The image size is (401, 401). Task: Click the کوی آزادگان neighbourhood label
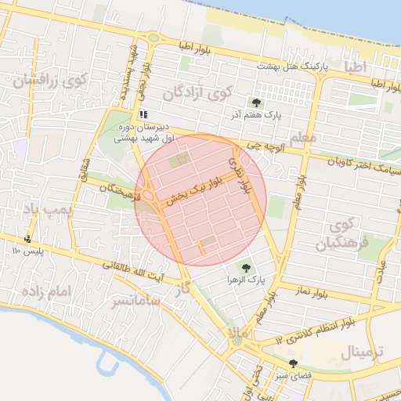[197, 93]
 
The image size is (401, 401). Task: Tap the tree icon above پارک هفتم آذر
[255, 102]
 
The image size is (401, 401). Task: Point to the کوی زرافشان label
[49, 79]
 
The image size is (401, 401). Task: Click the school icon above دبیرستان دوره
[143, 114]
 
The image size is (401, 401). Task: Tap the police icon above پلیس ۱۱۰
[29, 239]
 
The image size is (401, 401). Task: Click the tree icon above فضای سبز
[293, 363]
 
